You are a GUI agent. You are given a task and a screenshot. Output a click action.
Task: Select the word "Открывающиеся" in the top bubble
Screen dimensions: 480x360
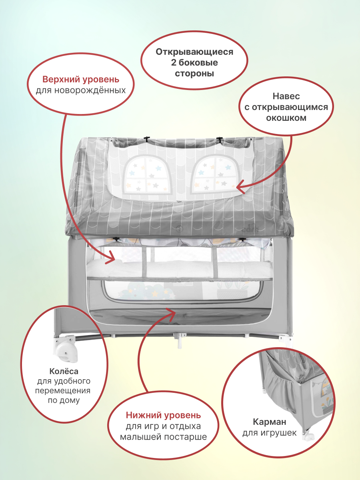pos(194,52)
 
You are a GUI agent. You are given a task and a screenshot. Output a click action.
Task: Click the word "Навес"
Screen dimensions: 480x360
pos(286,96)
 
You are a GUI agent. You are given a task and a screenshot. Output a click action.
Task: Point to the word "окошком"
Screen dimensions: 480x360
pos(286,118)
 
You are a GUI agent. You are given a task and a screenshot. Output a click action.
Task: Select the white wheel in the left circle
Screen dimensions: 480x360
pos(66,348)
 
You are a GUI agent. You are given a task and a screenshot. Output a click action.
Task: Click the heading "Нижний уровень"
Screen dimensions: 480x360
pos(164,415)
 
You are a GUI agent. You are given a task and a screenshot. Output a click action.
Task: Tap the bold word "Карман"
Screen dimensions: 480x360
pos(269,422)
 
